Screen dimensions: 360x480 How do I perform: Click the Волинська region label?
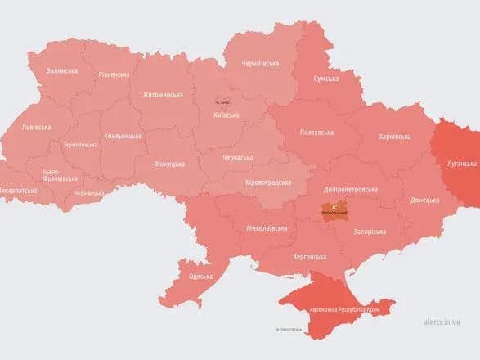pos(62,71)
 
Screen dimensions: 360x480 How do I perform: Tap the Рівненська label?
pos(113,74)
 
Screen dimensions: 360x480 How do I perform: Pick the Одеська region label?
pos(201,277)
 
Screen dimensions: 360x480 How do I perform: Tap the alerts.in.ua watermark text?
pos(442,324)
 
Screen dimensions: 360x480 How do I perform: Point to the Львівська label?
pos(36,127)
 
